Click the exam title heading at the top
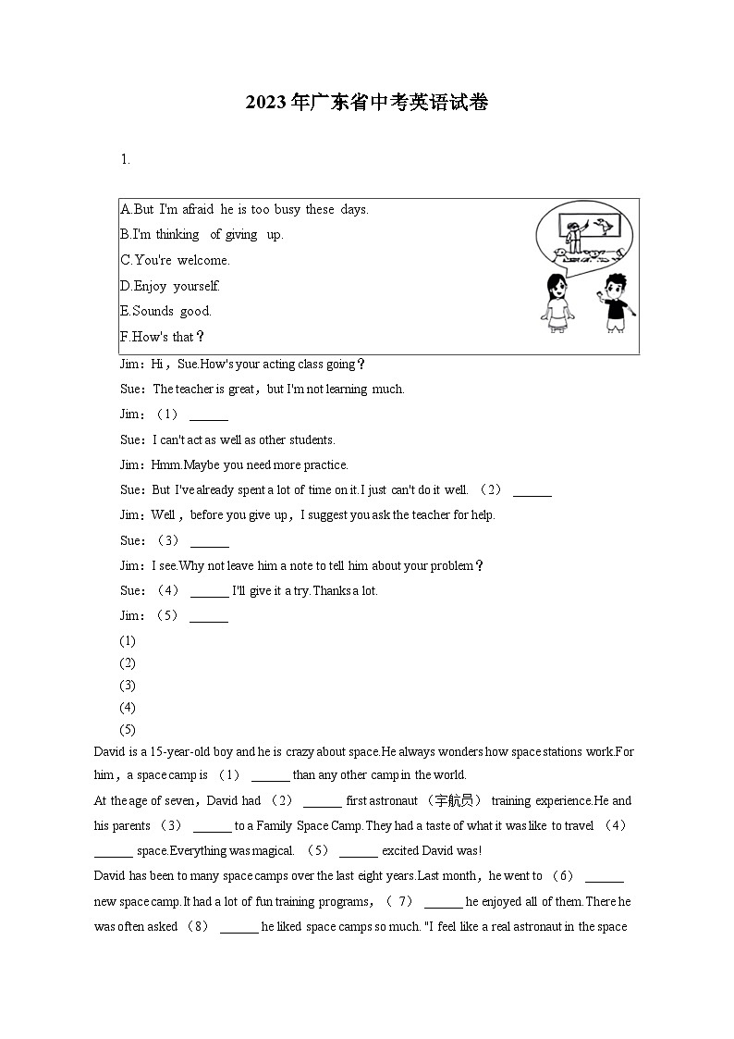367,104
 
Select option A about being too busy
244,210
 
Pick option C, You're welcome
176,261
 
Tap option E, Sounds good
166,312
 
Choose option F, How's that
163,337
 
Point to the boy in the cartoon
614,303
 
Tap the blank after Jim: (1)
208,415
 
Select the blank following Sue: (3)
208,541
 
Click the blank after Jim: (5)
208,617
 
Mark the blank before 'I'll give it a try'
209,592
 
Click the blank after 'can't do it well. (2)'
532,491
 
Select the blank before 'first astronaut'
322,802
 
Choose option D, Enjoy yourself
170,287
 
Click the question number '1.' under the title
125,159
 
